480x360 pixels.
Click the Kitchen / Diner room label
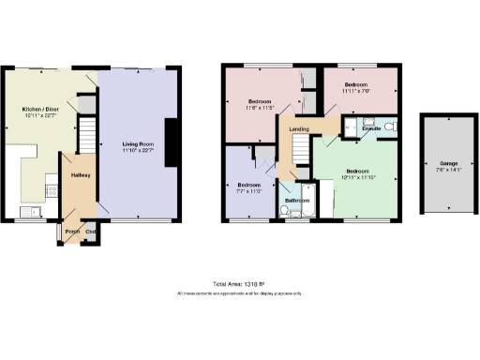pos(38,110)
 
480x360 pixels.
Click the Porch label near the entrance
pos(71,232)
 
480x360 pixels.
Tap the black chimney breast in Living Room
pos(172,143)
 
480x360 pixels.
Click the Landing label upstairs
pos(300,128)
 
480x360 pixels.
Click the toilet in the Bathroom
pos(295,214)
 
